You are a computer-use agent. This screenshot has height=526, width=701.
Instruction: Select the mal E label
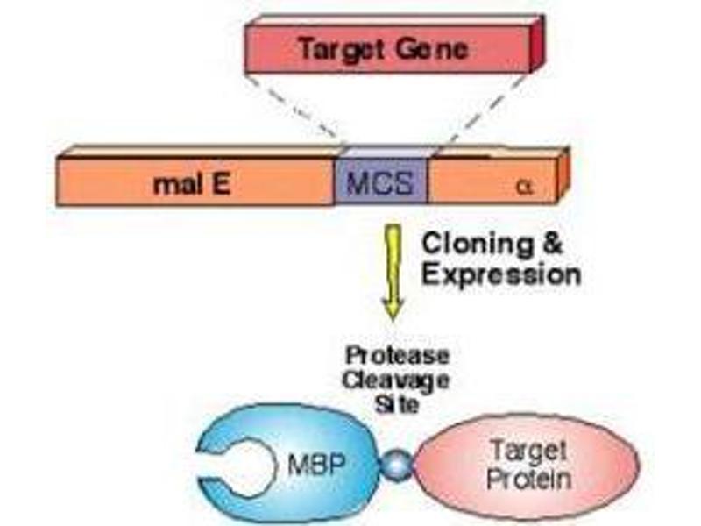click(190, 185)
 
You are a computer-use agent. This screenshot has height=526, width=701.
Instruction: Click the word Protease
click(396, 355)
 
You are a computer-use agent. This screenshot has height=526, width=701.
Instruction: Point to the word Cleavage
click(396, 380)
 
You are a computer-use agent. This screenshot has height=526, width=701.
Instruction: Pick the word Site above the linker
click(396, 405)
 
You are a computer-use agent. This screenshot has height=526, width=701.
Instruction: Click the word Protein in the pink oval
click(529, 480)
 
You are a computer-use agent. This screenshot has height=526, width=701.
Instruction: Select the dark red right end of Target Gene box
click(538, 46)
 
